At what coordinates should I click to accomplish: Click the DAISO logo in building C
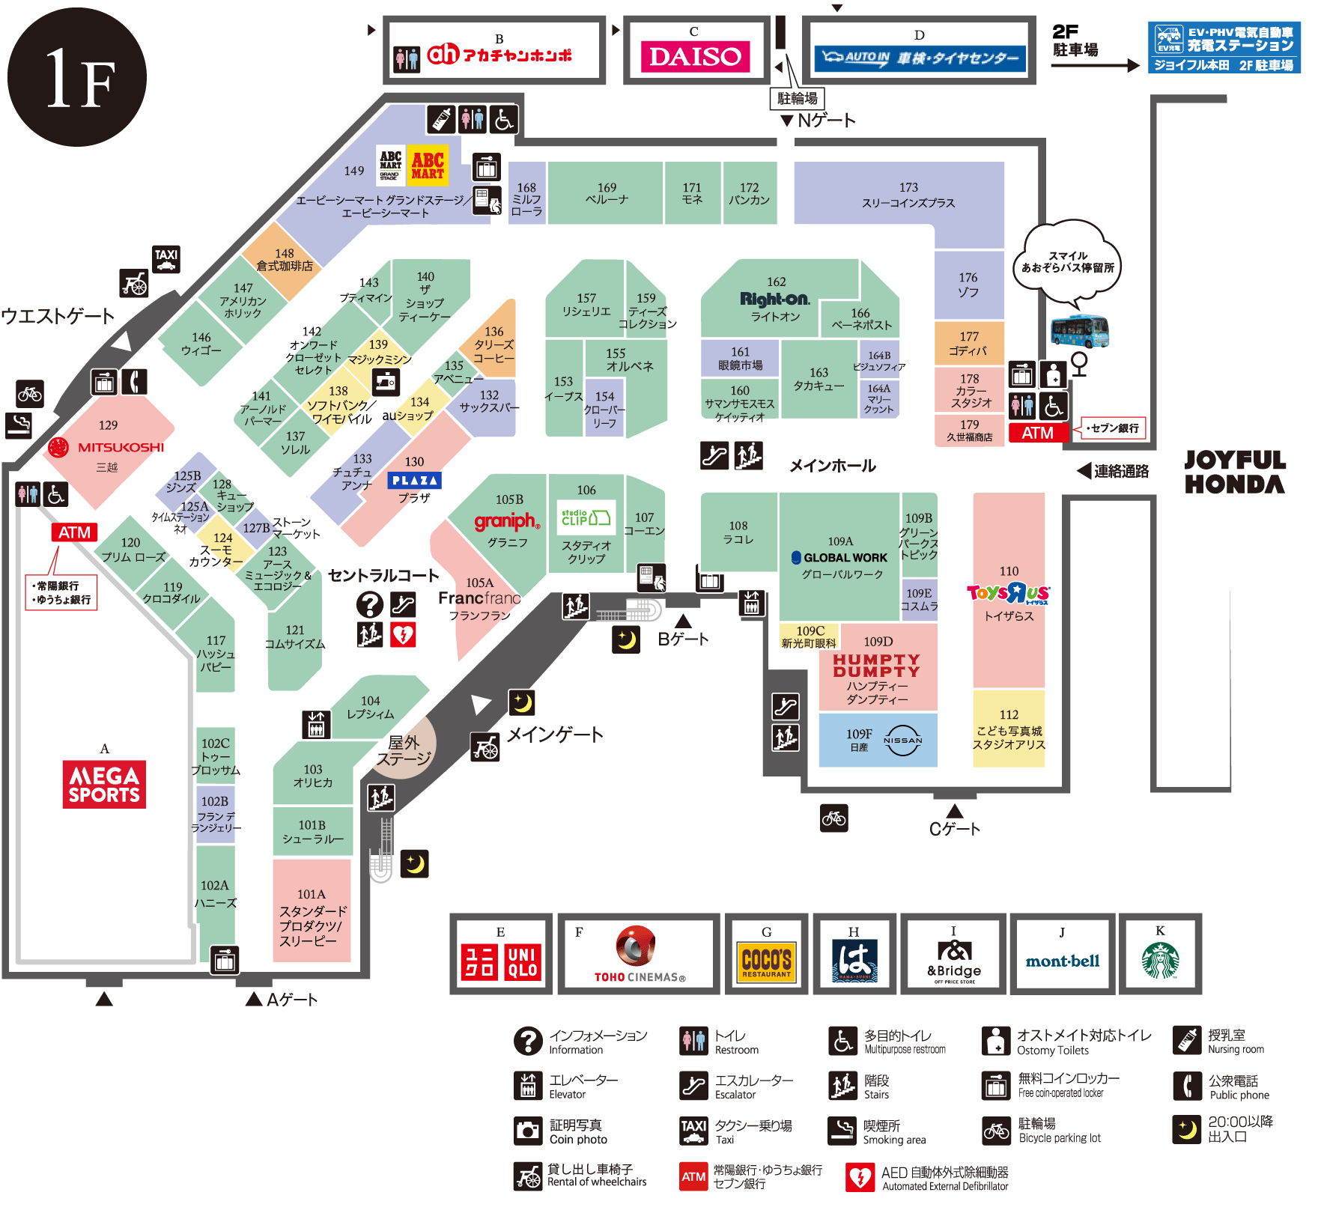(695, 57)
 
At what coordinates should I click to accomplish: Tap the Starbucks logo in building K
(1160, 961)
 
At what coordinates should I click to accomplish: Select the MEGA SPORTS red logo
(104, 784)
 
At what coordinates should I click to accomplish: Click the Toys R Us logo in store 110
(1008, 594)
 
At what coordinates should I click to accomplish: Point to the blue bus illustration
(1079, 331)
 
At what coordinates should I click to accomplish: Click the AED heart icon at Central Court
(403, 634)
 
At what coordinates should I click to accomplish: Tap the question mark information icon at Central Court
(370, 604)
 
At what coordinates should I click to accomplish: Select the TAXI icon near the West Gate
(166, 259)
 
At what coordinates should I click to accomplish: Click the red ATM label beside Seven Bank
(1037, 433)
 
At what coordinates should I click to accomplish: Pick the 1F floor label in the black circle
(77, 77)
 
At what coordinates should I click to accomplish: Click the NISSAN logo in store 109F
(902, 740)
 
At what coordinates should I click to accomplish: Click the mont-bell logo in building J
(1062, 961)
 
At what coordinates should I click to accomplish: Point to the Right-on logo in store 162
(775, 300)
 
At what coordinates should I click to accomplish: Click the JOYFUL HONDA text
(1234, 472)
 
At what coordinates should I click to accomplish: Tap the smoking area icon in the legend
(842, 1131)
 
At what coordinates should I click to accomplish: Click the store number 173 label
(908, 187)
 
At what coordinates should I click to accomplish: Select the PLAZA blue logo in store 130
(414, 481)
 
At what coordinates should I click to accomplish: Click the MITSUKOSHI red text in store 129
(121, 447)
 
